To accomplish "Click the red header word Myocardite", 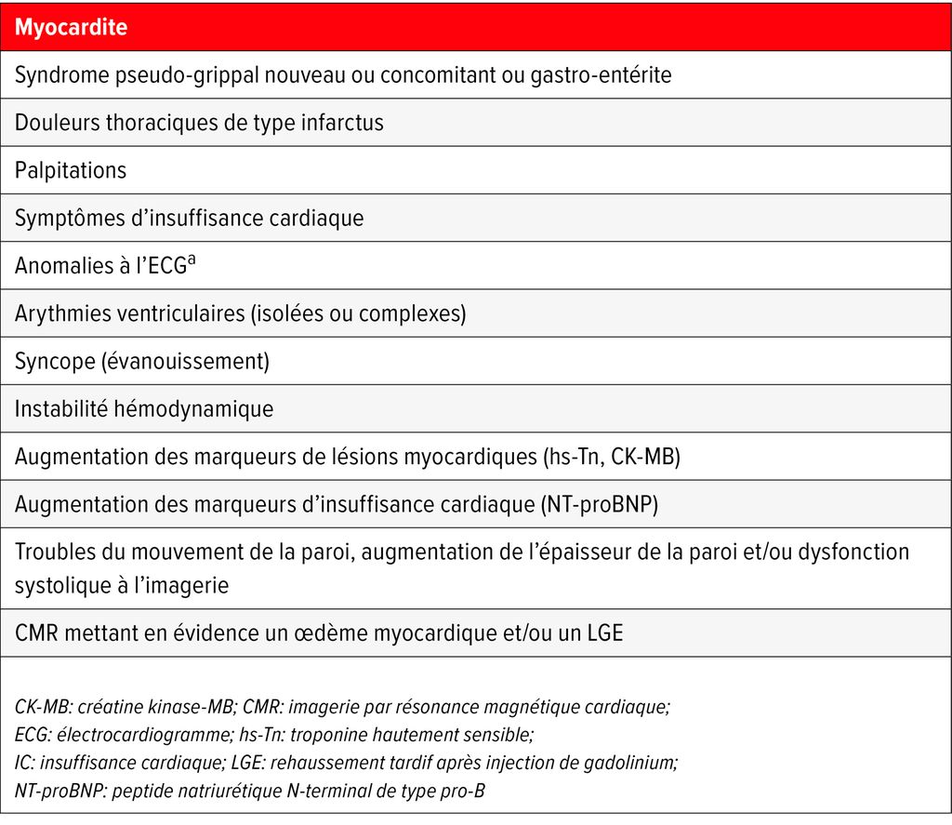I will click(x=71, y=28).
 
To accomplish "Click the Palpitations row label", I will click(x=71, y=170).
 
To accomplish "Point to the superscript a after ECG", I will click(x=192, y=260).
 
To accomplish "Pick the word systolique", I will click(x=57, y=585).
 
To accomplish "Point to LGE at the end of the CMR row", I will click(x=601, y=634).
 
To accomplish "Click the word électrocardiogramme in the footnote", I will click(x=125, y=735).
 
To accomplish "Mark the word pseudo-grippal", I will click(x=189, y=75).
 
